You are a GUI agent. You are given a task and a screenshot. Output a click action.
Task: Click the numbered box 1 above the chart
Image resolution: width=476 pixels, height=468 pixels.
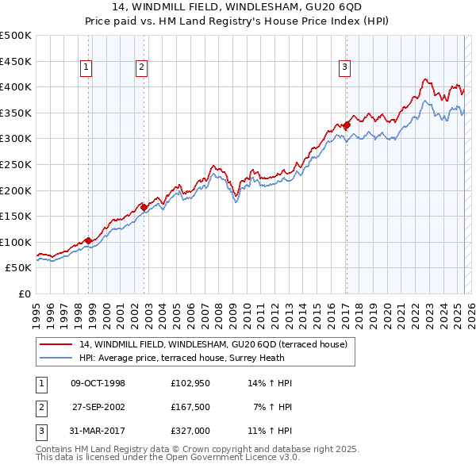tap(85, 68)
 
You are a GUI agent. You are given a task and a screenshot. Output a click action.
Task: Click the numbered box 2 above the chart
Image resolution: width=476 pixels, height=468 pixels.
tap(140, 68)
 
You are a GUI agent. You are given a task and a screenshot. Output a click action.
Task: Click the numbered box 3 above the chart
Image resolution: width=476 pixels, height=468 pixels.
tap(345, 68)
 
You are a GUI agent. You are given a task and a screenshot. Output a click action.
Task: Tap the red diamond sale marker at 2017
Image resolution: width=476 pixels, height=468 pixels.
tap(347, 125)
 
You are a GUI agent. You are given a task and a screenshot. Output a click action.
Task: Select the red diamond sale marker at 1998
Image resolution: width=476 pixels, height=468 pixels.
tap(87, 240)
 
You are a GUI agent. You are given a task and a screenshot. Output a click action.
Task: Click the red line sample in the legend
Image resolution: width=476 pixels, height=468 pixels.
tap(56, 344)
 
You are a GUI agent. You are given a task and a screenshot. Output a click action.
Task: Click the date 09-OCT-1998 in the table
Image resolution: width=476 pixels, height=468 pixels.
tap(98, 383)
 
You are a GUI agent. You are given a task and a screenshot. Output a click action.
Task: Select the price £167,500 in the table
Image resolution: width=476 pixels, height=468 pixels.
tap(190, 407)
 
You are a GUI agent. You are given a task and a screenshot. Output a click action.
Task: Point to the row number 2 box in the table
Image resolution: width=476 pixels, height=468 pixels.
tap(40, 407)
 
